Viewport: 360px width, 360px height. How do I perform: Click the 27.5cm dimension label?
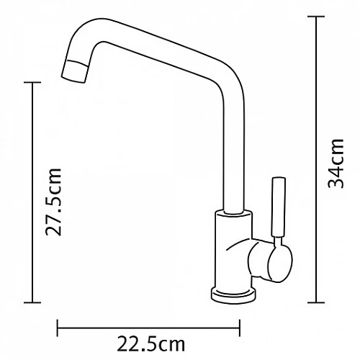click(53, 202)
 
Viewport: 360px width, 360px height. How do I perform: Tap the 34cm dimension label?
click(336, 163)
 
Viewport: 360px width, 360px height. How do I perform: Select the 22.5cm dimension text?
click(150, 344)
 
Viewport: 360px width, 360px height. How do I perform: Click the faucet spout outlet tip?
click(74, 71)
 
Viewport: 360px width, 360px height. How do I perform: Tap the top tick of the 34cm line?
click(316, 17)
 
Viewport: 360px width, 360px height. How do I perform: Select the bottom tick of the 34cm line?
click(316, 302)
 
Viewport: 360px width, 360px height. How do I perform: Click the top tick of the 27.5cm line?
click(32, 82)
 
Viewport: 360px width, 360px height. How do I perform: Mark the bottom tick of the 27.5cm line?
click(32, 302)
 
